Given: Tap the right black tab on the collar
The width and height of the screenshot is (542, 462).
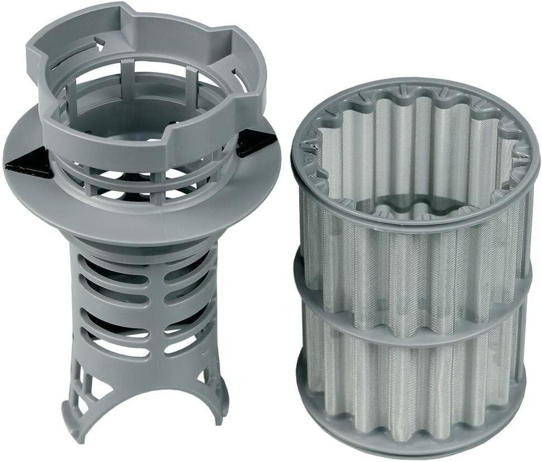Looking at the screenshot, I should tap(255, 143).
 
